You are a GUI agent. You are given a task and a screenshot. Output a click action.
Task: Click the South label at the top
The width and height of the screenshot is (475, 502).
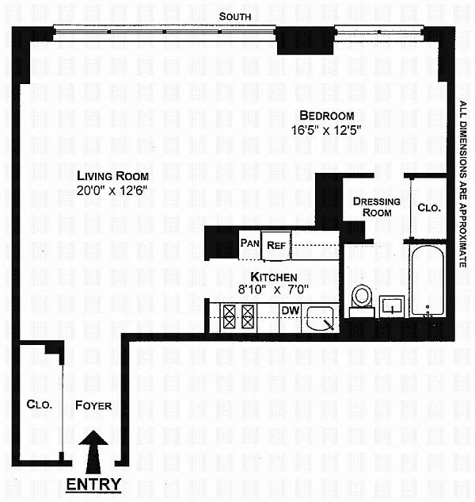pyautogui.click(x=235, y=17)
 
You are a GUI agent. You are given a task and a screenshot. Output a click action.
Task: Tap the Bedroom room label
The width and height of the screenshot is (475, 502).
pyautogui.click(x=327, y=116)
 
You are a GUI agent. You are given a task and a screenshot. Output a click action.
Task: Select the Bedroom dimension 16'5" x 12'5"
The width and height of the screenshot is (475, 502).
pyautogui.click(x=326, y=130)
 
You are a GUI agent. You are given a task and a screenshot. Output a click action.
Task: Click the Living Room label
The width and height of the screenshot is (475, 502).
pyautogui.click(x=113, y=176)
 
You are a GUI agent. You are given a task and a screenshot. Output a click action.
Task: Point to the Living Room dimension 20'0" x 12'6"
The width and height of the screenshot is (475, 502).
pyautogui.click(x=112, y=191)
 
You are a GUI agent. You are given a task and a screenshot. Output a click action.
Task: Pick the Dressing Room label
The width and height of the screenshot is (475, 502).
pyautogui.click(x=377, y=207)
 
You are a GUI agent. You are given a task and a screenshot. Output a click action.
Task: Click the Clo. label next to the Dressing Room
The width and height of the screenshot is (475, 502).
pyautogui.click(x=429, y=208)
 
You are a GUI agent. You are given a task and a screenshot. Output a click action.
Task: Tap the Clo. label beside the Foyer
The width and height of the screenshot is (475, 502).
pyautogui.click(x=40, y=404)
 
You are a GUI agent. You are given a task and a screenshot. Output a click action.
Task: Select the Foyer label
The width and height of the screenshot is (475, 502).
pyautogui.click(x=93, y=405)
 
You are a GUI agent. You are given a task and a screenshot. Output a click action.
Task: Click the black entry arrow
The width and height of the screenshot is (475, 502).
pyautogui.click(x=93, y=452)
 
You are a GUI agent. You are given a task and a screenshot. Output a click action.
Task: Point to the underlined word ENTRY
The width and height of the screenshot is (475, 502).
pyautogui.click(x=93, y=485)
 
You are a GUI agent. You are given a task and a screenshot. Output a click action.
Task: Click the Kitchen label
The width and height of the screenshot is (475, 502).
pyautogui.click(x=274, y=277)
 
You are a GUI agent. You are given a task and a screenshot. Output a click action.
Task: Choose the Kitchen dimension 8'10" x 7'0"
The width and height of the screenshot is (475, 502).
pyautogui.click(x=273, y=289)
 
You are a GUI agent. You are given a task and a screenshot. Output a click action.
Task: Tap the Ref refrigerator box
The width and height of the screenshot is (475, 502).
pyautogui.click(x=276, y=245)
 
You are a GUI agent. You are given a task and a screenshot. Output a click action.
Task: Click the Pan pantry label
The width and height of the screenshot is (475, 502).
pyautogui.click(x=249, y=243)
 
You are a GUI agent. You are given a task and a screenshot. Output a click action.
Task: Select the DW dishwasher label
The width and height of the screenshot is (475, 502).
pyautogui.click(x=291, y=310)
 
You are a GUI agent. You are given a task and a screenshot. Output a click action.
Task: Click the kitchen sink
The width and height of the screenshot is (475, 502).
pyautogui.click(x=320, y=318)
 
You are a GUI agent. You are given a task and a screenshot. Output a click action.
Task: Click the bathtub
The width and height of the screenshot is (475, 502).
pyautogui.click(x=427, y=281)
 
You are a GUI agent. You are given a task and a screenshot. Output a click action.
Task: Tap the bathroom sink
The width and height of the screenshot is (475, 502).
pyautogui.click(x=392, y=306)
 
